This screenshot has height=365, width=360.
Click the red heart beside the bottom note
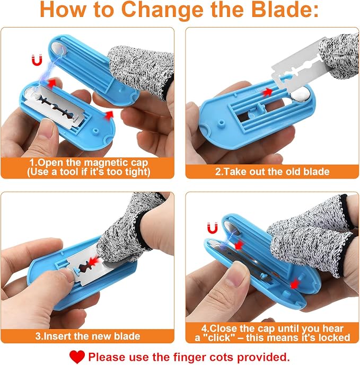pyautogui.click(x=77, y=357)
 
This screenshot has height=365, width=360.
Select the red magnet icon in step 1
pyautogui.click(x=37, y=60)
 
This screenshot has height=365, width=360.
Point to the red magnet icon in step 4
pyautogui.click(x=212, y=228)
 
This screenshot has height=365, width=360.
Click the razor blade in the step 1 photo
pyautogui.click(x=54, y=105)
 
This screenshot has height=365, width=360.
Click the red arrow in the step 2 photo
pyautogui.click(x=268, y=92)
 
